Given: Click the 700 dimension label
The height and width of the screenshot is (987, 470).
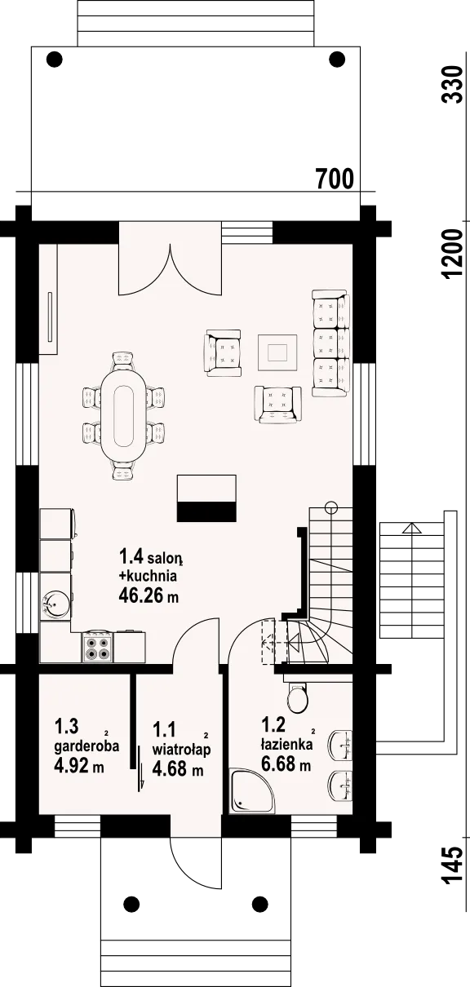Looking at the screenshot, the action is [335, 179].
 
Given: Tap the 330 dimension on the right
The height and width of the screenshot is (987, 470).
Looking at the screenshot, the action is [453, 85].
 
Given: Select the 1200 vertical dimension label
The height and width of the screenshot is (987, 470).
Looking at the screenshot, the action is [453, 253].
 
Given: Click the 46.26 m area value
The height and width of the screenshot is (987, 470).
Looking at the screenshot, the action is [149, 595].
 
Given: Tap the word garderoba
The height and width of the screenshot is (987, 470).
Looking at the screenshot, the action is [86, 746].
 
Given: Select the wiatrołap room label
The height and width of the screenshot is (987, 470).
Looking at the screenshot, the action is [181, 749].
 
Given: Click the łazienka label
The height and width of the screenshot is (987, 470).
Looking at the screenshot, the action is [286, 744].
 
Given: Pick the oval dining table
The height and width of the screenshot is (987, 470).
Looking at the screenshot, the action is [123, 416].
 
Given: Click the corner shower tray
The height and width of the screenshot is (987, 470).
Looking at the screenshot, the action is [252, 791].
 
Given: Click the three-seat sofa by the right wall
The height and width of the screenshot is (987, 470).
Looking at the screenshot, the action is [330, 343].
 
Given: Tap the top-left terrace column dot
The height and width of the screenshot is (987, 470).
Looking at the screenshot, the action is [55, 59].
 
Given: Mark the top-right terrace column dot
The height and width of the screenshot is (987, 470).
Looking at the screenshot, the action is [337, 59].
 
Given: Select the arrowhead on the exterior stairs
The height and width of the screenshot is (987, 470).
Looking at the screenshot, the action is [412, 528].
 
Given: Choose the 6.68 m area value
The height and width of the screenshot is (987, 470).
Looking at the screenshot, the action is [286, 763].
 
